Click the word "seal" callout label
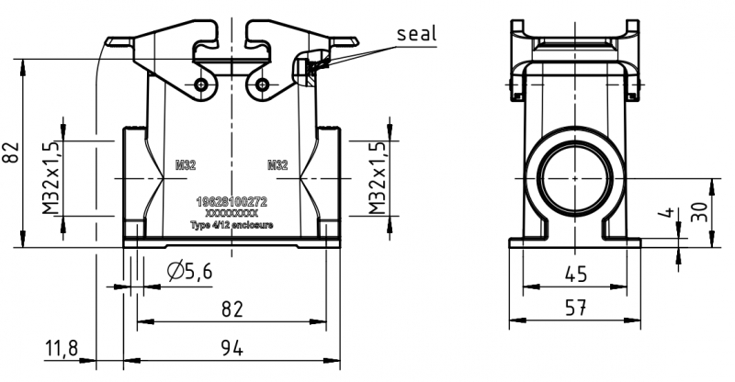pyautogui.click(x=416, y=34)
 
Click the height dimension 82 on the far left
pyautogui.click(x=11, y=152)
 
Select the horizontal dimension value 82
pyautogui.click(x=232, y=309)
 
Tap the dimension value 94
pyautogui.click(x=232, y=348)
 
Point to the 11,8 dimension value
pyautogui.click(x=62, y=348)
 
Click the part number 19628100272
pyautogui.click(x=232, y=199)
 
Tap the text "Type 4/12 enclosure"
pyautogui.click(x=232, y=223)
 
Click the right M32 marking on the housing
pyautogui.click(x=277, y=166)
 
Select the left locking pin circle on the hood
pyautogui.click(x=201, y=85)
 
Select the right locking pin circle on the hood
pyautogui.click(x=263, y=85)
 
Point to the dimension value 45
pyautogui.click(x=575, y=275)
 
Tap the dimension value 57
pyautogui.click(x=575, y=309)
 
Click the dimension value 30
pyautogui.click(x=701, y=211)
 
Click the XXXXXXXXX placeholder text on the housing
pyautogui.click(x=232, y=211)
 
